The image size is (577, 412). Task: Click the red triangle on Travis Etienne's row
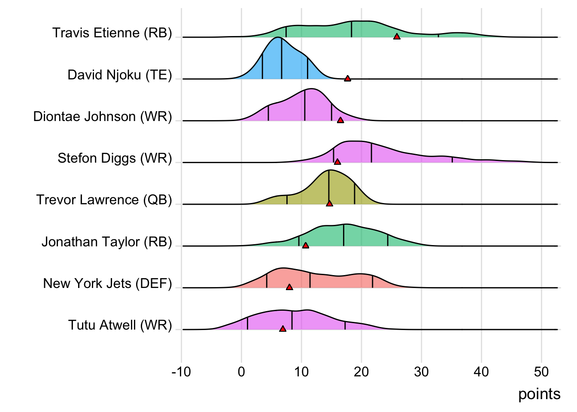click(397, 37)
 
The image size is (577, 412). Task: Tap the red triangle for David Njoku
click(347, 79)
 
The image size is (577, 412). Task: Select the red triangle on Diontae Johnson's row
click(340, 120)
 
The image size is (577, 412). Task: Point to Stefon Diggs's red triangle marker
click(337, 162)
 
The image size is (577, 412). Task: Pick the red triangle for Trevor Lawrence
click(329, 203)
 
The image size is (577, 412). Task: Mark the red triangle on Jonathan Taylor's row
click(305, 245)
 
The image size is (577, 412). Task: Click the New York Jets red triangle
click(289, 287)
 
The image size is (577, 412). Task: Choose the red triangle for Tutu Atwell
click(282, 329)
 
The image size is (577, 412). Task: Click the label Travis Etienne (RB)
click(112, 33)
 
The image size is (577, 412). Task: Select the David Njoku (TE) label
click(119, 75)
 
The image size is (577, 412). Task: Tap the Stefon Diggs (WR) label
click(115, 158)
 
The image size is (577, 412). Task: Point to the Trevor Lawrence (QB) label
click(104, 200)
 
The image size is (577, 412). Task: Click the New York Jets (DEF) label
click(107, 284)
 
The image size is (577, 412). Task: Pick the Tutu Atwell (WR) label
click(120, 325)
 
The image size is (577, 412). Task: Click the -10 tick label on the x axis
click(181, 372)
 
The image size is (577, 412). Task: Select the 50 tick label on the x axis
click(541, 372)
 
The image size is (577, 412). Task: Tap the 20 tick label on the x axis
click(361, 372)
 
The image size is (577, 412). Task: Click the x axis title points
click(539, 394)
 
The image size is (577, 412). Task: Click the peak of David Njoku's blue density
click(279, 38)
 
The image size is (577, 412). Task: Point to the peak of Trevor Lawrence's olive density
click(329, 170)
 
